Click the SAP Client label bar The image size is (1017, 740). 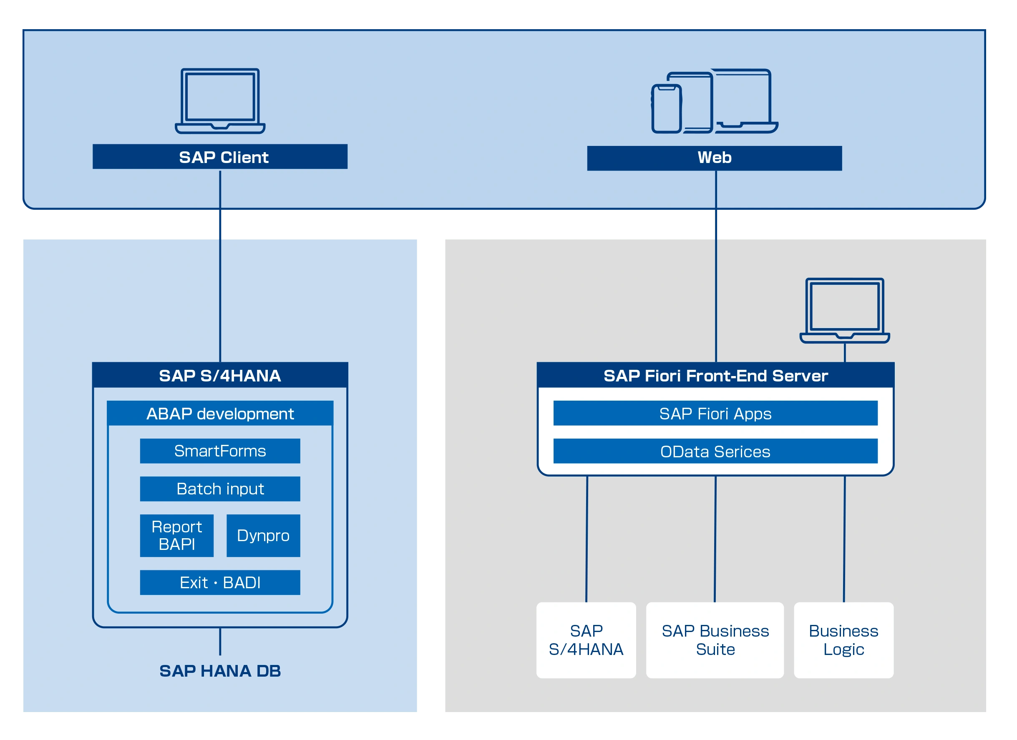coord(220,157)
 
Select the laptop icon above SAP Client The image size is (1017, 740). coord(220,101)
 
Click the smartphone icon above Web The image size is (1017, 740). coord(666,109)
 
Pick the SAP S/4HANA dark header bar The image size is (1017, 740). coord(220,375)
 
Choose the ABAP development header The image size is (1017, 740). coord(220,413)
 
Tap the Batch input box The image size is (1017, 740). coord(220,489)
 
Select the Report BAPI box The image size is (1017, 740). coord(177,536)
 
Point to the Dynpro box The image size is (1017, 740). coord(263,536)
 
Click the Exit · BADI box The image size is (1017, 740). coord(220,583)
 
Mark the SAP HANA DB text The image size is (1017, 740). coord(220,671)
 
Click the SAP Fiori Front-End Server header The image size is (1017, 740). coord(715,376)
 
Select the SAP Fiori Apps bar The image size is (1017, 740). coord(715,413)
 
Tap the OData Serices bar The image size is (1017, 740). coord(715,452)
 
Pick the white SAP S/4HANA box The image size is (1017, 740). coord(586,640)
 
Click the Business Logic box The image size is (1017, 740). coord(843,640)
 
